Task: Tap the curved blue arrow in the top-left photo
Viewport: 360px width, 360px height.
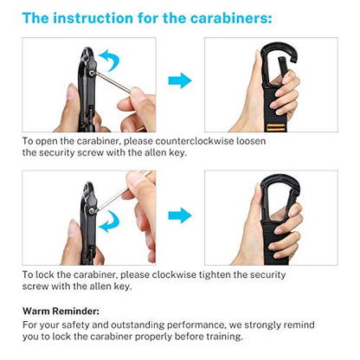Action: [110, 60]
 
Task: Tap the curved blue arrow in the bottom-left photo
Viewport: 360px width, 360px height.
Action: [109, 222]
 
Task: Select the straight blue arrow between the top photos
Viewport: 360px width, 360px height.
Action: [180, 80]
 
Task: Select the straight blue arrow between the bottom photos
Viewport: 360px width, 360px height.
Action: [180, 215]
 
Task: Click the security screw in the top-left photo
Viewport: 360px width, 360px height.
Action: [92, 74]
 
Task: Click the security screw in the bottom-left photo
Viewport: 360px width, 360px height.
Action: [92, 211]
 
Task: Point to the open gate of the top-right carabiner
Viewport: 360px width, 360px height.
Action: [282, 67]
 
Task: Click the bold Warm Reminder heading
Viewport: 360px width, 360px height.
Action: [61, 312]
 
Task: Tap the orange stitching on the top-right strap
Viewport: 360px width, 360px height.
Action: [276, 127]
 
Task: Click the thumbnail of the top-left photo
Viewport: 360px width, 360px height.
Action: [89, 85]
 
